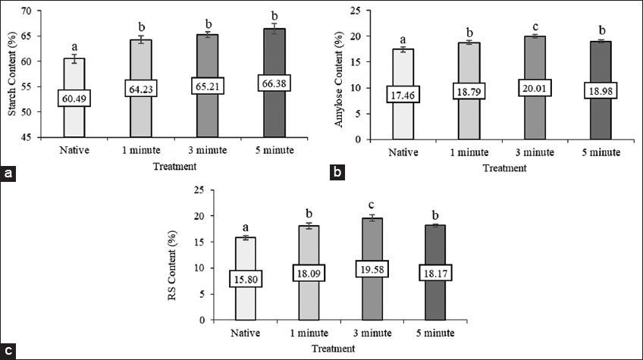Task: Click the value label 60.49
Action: [74, 98]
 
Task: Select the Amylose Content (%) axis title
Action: [348, 74]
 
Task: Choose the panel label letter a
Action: [9, 174]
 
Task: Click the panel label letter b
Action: [337, 174]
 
